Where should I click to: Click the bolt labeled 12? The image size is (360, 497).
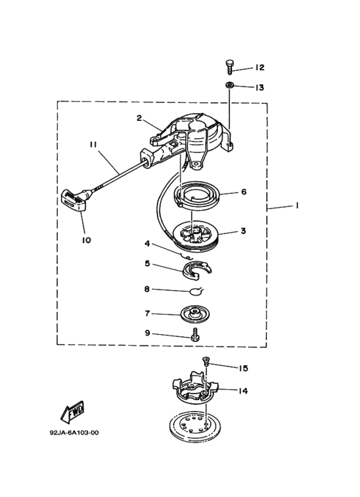click(x=230, y=67)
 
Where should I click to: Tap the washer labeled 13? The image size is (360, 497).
click(x=230, y=86)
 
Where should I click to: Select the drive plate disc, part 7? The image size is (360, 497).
click(x=195, y=314)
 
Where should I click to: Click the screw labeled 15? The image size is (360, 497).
click(x=206, y=361)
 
